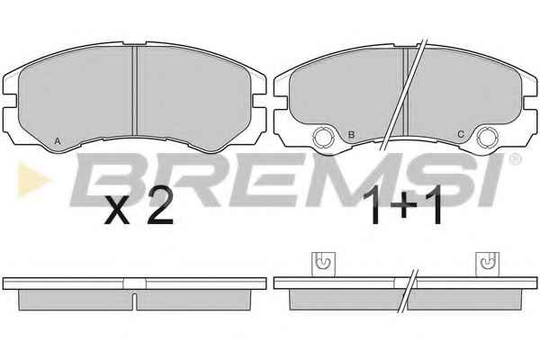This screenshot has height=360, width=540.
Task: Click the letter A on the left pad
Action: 58,141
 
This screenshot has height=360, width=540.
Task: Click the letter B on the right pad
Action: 351,134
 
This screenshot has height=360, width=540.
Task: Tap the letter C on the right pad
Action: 461,134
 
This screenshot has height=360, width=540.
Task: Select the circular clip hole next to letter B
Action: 323,137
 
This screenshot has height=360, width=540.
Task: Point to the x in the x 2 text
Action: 117,211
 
